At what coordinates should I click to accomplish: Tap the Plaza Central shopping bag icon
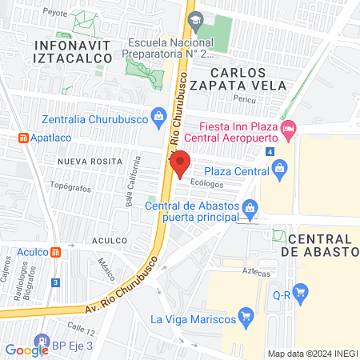(279, 167)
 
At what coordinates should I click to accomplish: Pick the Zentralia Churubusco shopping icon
(159, 117)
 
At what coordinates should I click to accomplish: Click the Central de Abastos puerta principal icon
(250, 209)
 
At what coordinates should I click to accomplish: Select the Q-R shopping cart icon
(301, 293)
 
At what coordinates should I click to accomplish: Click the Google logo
(26, 350)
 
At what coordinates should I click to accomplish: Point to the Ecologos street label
(206, 182)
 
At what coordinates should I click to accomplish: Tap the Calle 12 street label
(81, 327)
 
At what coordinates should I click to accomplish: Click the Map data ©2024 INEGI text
(311, 353)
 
